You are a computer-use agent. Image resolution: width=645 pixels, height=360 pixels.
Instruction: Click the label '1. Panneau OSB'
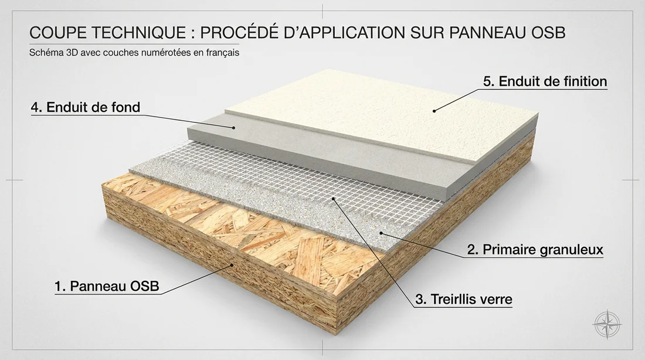pos(107,287)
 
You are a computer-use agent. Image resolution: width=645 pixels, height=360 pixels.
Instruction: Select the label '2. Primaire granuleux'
pos(535,250)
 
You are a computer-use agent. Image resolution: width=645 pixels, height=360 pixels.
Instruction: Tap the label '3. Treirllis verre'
pos(464,300)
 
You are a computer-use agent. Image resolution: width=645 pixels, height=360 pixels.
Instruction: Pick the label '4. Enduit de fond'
pos(85,107)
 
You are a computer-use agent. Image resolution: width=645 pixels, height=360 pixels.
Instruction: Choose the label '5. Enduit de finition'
pos(545,81)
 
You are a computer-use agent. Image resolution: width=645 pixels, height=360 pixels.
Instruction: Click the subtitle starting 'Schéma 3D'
pos(134,52)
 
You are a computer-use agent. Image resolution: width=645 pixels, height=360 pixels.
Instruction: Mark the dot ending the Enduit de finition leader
pos(434,109)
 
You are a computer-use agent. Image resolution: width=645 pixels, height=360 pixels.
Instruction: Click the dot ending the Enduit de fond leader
pos(233,127)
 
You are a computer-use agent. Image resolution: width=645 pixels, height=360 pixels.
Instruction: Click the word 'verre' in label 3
pos(497,300)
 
